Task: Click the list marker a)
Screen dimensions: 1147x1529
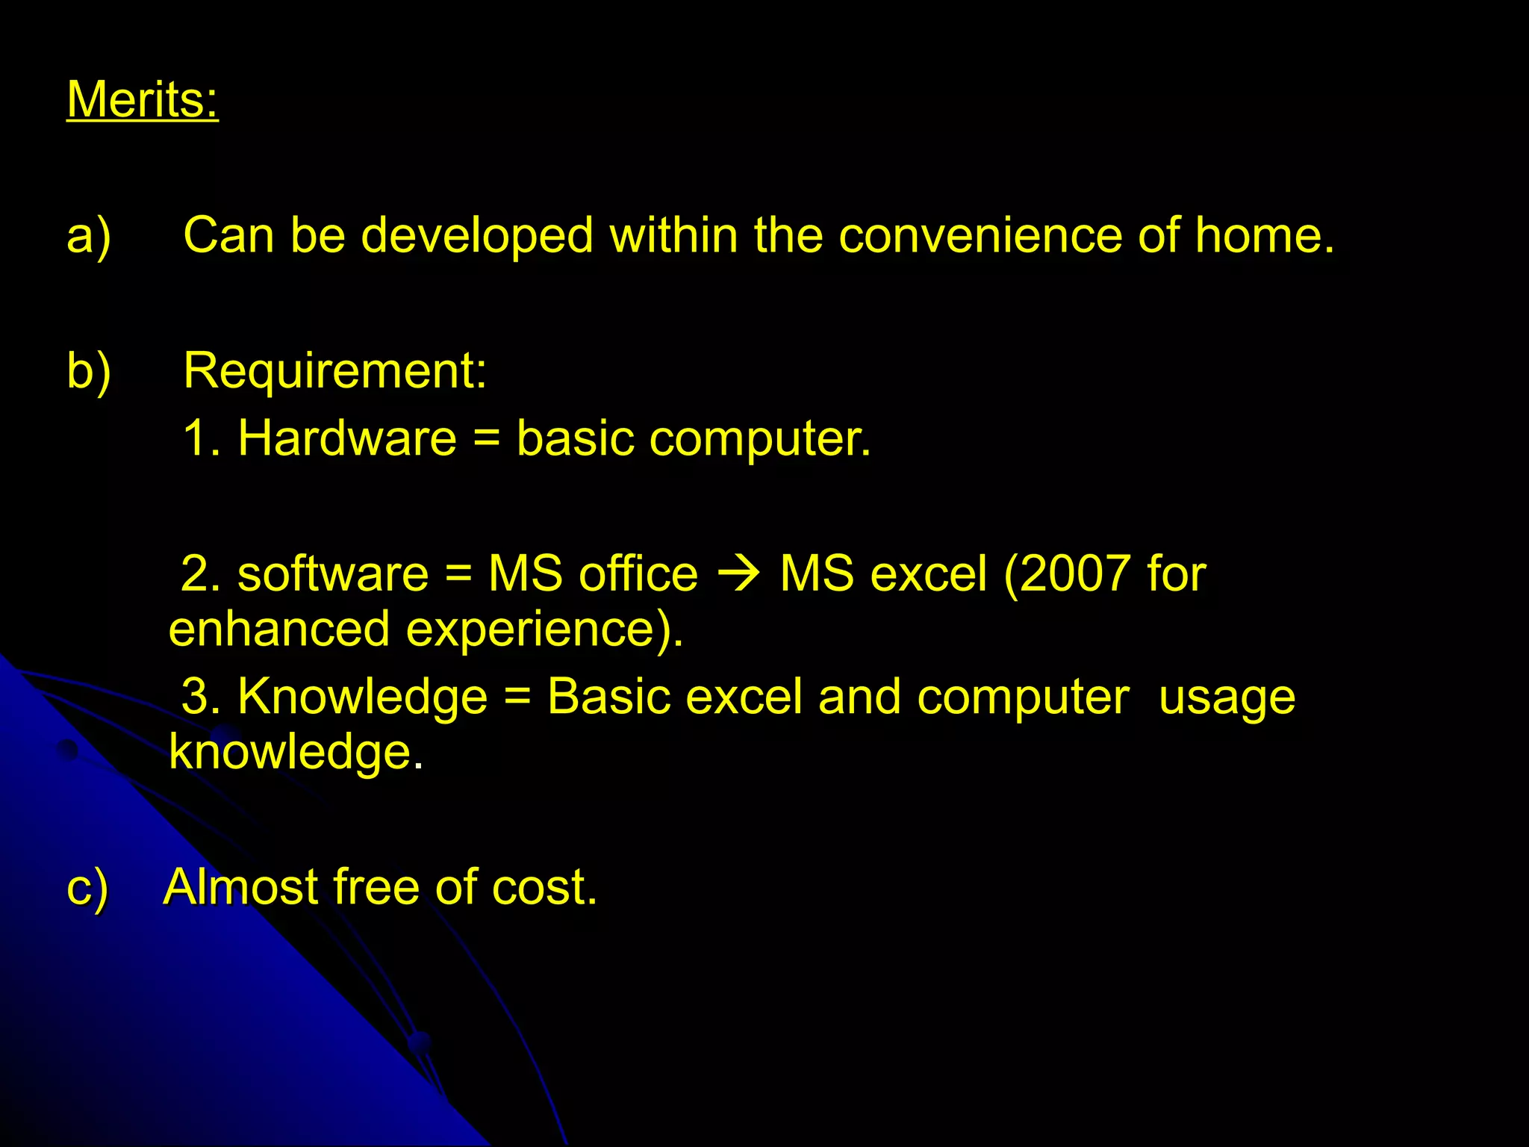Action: point(89,236)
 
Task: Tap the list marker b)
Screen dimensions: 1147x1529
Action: point(89,370)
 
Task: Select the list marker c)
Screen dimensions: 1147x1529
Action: point(87,888)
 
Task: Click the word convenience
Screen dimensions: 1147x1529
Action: point(980,236)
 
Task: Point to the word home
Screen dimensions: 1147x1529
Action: point(1263,236)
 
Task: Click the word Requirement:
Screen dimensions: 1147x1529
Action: point(334,370)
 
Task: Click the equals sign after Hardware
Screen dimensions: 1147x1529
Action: point(486,439)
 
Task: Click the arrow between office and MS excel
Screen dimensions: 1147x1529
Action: point(738,575)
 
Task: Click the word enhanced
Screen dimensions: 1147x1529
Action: point(279,629)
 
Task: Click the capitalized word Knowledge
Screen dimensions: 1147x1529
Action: point(362,697)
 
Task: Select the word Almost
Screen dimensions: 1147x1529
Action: point(240,887)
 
